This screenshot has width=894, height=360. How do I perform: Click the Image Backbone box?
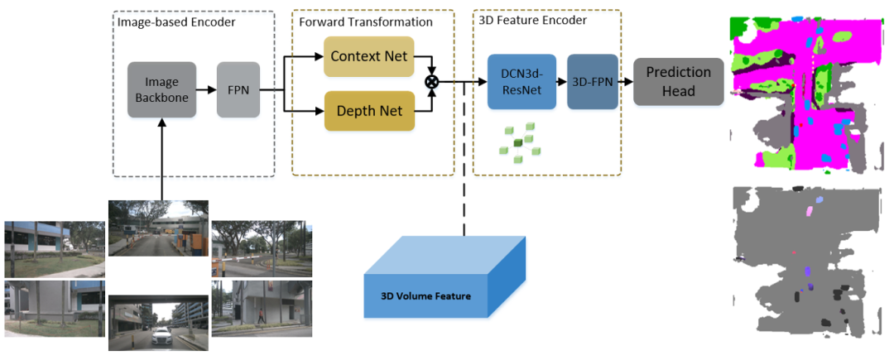(161, 89)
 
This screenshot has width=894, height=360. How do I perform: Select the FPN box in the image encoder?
(238, 89)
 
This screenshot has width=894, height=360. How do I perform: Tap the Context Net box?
(368, 57)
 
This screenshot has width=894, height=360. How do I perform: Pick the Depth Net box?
(368, 110)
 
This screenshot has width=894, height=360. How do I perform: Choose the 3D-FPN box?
(592, 82)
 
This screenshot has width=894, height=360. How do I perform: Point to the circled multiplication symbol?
(431, 81)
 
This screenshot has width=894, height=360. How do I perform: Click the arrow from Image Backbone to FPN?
(206, 89)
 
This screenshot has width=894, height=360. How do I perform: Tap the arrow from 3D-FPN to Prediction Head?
(625, 82)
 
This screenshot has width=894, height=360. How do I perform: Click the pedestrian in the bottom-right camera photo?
(262, 315)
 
